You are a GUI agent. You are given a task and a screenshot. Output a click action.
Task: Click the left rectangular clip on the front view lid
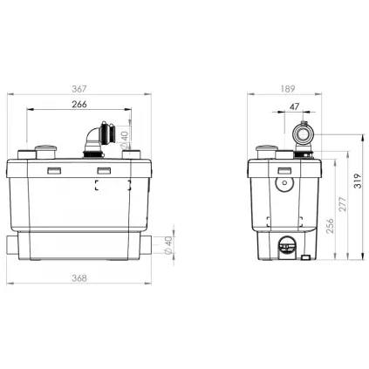click(51, 169)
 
